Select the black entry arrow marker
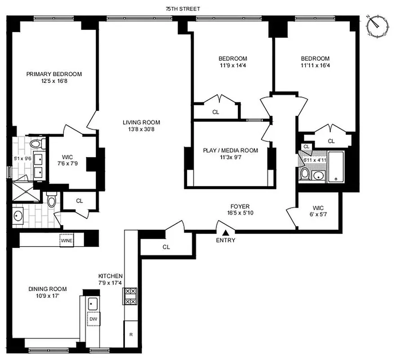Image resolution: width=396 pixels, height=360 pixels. [226, 232]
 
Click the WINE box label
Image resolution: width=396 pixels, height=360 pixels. [67, 241]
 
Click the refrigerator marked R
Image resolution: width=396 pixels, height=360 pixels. [131, 335]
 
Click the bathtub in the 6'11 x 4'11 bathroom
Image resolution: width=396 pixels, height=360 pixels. [337, 166]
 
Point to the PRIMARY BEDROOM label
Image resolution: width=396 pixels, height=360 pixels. [54, 74]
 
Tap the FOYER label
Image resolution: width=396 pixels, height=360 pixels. [238, 207]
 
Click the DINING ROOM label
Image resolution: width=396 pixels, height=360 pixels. [48, 289]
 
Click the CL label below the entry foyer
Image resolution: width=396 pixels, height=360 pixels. [166, 247]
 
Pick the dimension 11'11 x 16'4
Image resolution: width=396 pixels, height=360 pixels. [315, 66]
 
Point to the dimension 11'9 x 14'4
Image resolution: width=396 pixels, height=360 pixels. [233, 66]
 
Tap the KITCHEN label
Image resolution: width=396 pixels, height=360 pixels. [111, 276]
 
